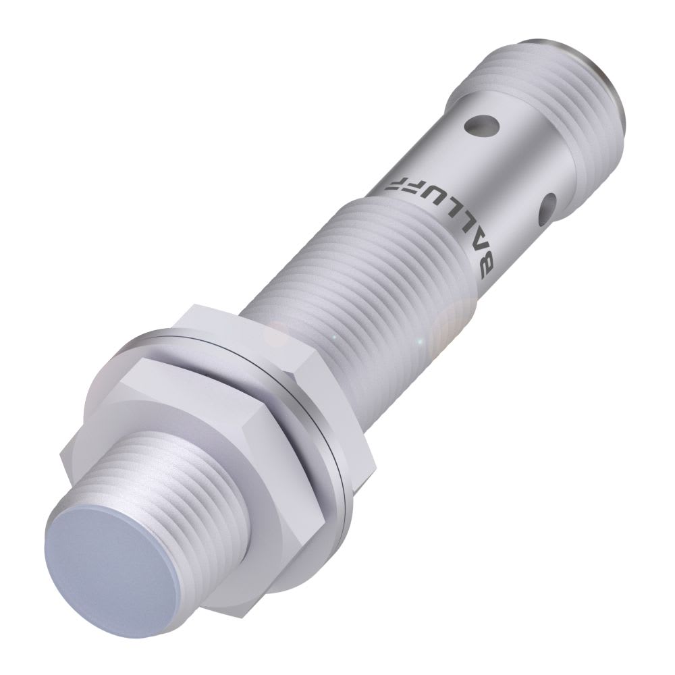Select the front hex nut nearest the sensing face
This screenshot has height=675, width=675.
[155, 405]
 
